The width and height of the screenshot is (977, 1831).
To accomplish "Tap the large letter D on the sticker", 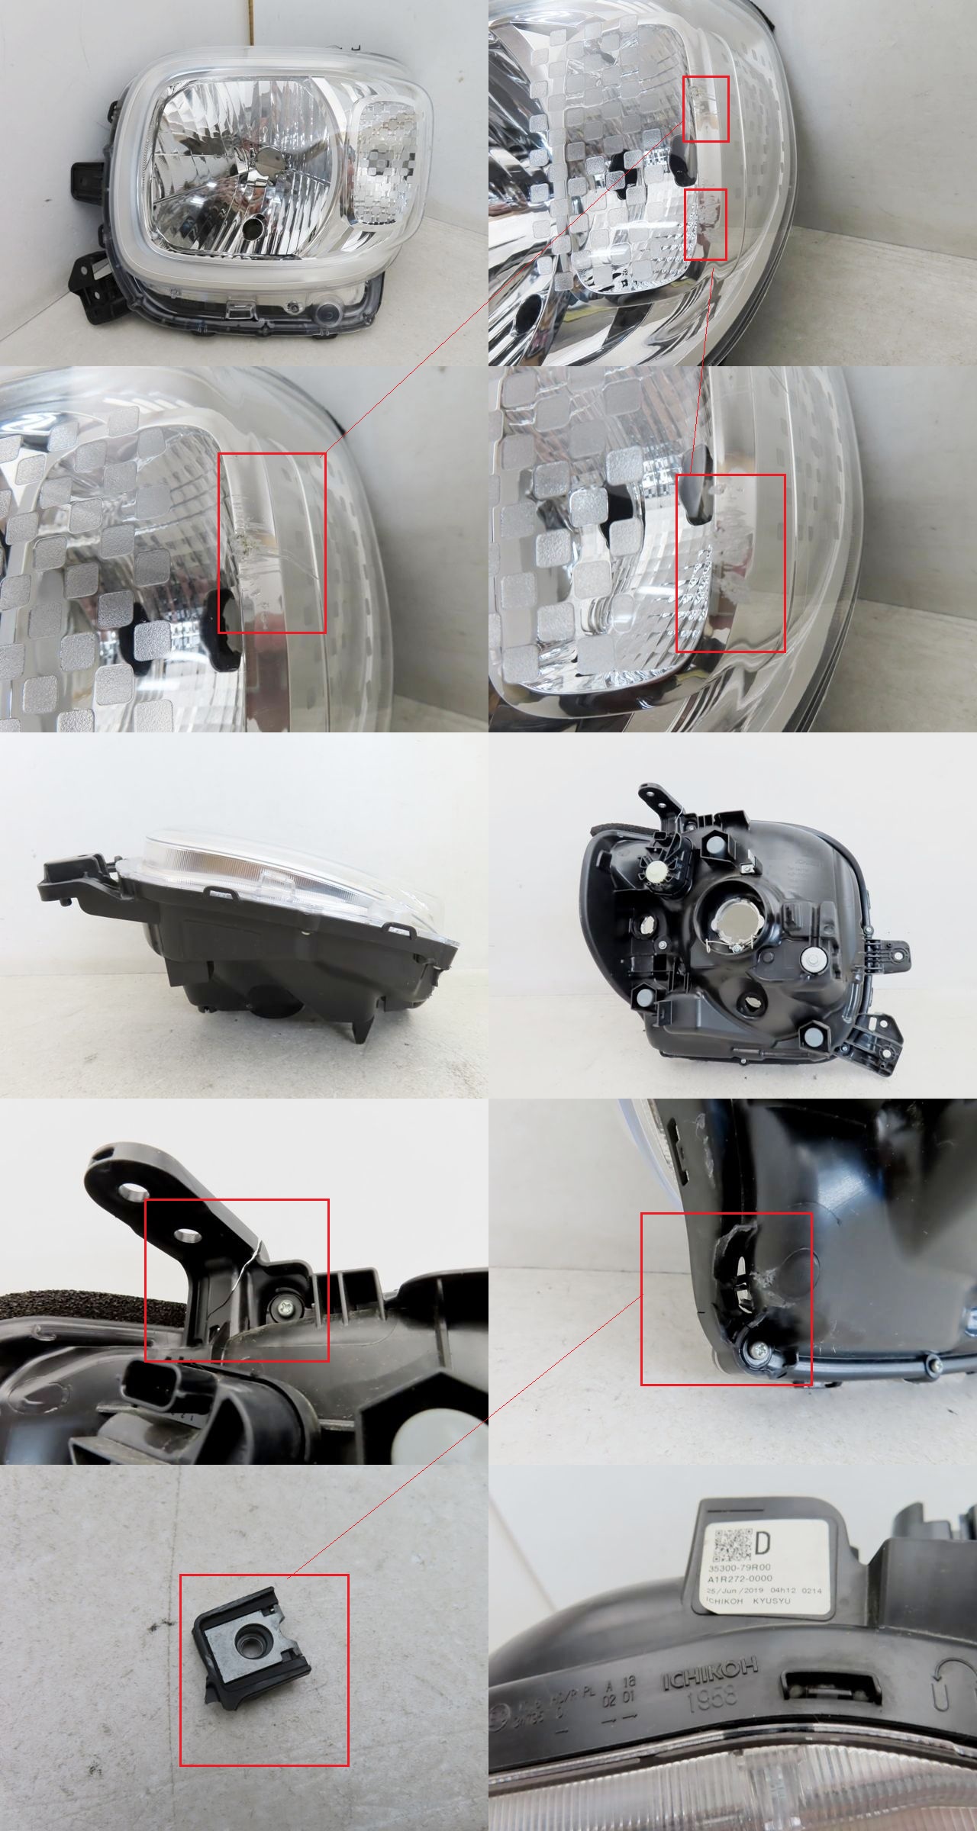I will pos(763,1546).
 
